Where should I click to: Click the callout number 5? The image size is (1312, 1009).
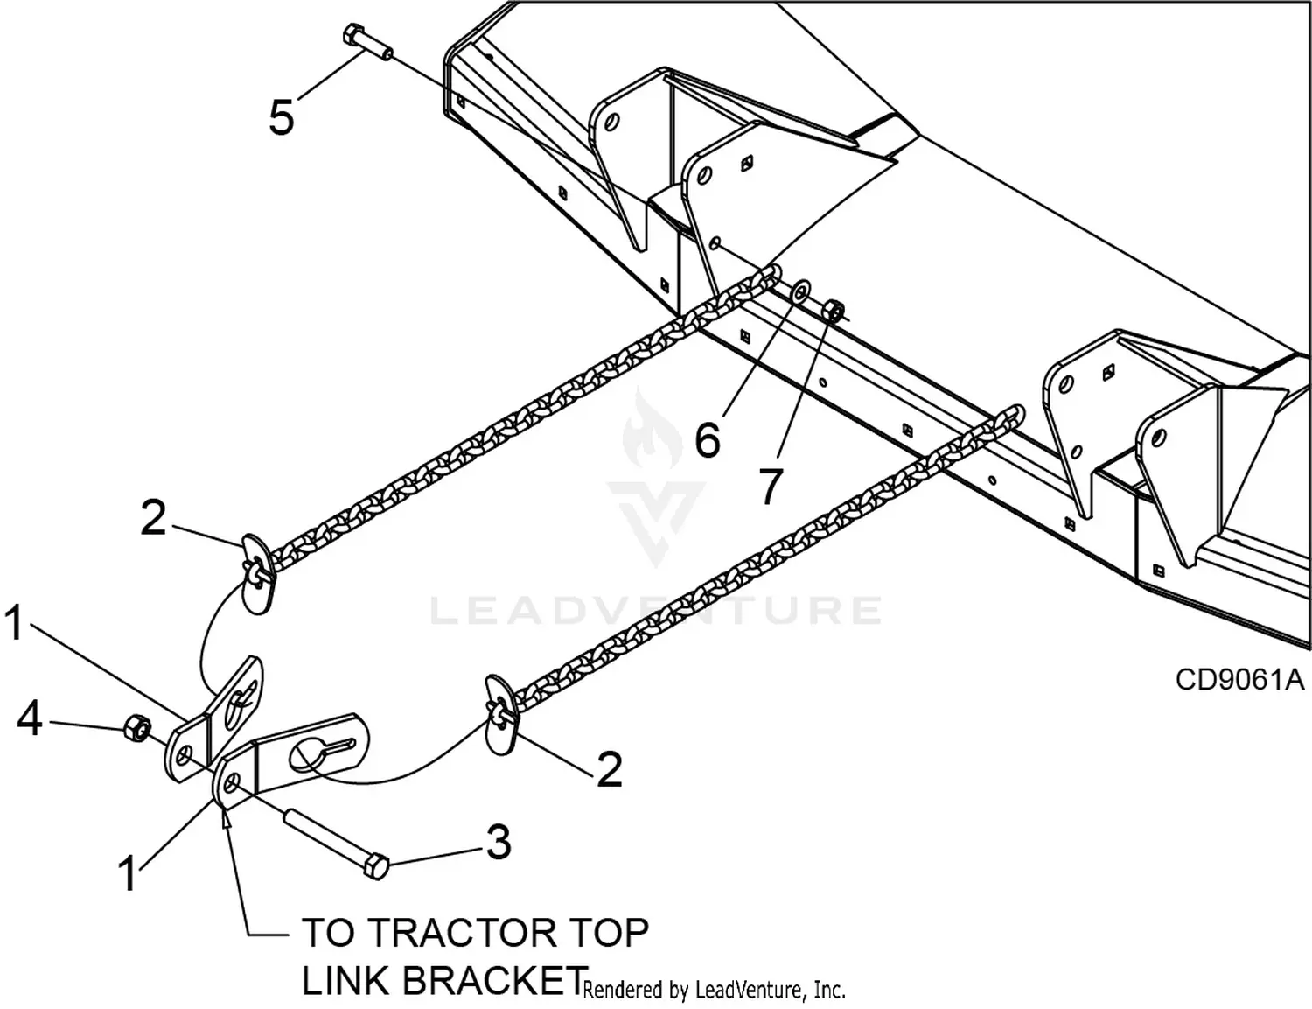(281, 116)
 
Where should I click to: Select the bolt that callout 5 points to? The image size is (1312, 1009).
(363, 42)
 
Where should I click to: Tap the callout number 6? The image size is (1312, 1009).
(708, 438)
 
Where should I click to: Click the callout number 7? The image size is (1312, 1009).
(770, 487)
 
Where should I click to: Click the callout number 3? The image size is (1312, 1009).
(498, 842)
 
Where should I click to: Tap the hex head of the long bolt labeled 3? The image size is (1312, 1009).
(374, 866)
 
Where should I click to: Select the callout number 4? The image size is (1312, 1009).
(30, 719)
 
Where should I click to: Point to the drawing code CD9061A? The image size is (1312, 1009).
(1239, 680)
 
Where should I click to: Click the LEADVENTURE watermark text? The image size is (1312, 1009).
(656, 611)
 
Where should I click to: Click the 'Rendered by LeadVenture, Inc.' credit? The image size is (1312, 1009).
(714, 990)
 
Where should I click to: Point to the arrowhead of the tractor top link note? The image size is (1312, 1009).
(227, 818)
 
